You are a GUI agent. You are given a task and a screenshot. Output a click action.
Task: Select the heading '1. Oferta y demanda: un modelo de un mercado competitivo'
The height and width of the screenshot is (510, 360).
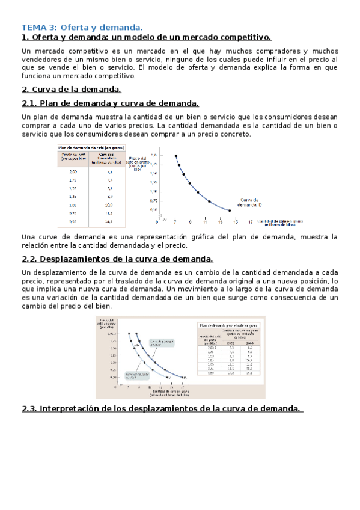click(x=147, y=37)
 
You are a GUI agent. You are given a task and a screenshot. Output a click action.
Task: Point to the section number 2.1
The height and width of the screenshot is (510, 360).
click(x=29, y=103)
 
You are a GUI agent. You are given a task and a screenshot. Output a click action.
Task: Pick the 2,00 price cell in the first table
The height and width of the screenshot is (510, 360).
click(x=73, y=171)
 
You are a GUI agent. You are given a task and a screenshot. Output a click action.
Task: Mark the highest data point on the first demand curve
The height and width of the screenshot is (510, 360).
click(x=176, y=156)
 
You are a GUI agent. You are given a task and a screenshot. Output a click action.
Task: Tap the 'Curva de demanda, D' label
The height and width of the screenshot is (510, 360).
click(x=249, y=202)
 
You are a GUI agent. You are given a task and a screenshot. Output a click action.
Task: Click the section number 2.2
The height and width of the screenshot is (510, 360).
click(x=29, y=259)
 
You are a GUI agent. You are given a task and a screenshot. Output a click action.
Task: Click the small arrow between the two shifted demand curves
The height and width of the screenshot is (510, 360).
click(x=141, y=352)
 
